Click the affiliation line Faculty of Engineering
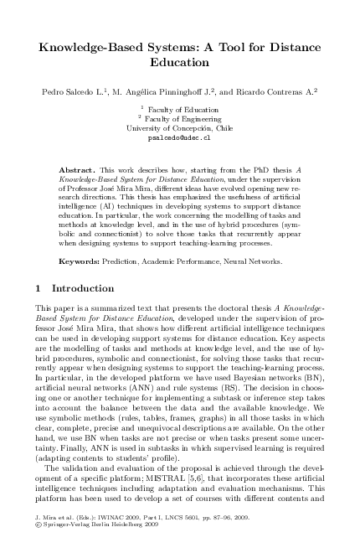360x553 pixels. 183,119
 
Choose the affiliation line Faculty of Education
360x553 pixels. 183,109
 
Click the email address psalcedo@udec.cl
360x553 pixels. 179,139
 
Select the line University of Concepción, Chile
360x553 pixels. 179,129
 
